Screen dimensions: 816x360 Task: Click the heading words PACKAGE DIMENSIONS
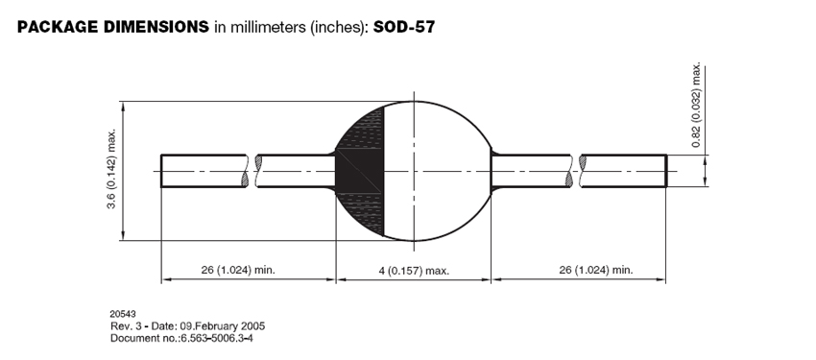[113, 27]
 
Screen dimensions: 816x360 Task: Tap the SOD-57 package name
[404, 27]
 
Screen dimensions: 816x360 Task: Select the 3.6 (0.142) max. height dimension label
[111, 170]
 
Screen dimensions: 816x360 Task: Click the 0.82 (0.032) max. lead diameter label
[696, 106]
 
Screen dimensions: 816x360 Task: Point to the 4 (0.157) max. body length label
[414, 271]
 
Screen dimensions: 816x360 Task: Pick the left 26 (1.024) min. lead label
[238, 270]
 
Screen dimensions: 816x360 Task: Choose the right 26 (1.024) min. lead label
[596, 270]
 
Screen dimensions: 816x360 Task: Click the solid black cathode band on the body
[360, 171]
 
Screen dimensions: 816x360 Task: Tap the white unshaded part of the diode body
[437, 171]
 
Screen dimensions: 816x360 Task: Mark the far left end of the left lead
[161, 171]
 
